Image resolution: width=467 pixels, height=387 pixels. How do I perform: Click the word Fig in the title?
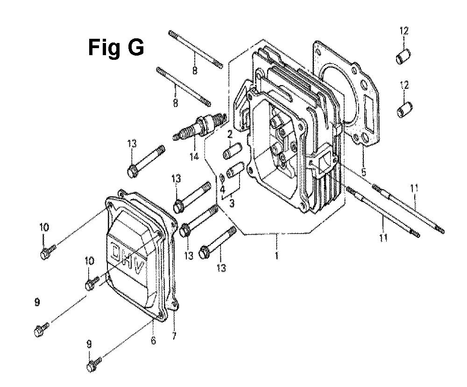[x=103, y=48]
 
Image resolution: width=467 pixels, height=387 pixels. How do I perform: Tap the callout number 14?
[x=193, y=156]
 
